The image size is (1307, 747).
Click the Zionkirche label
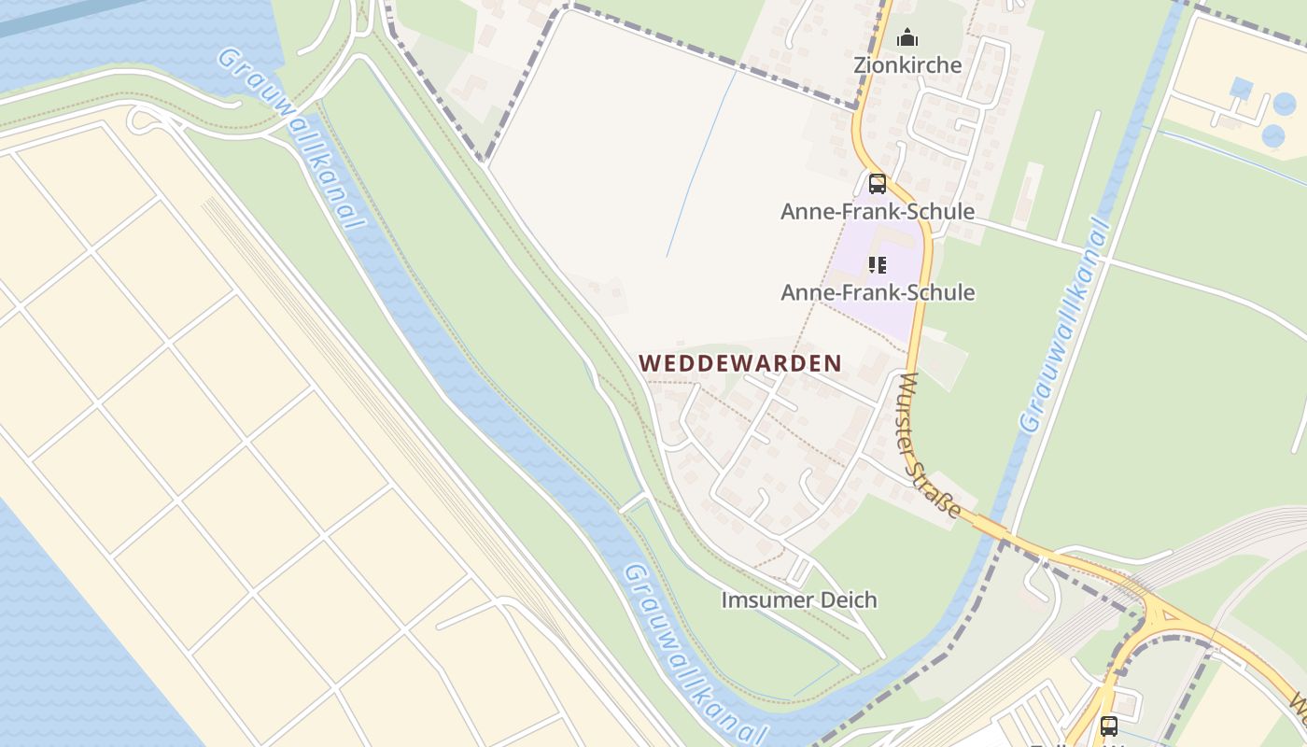click(x=907, y=64)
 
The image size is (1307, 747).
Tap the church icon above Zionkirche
click(x=907, y=38)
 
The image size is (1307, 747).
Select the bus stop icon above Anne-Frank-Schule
click(x=877, y=183)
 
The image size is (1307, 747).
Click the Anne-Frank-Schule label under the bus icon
click(x=877, y=211)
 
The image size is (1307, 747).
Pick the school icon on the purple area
click(x=877, y=265)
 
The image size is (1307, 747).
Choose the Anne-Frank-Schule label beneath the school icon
click(x=877, y=292)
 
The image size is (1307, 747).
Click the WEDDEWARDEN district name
click(x=739, y=363)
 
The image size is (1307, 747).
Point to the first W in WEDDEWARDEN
click(x=647, y=363)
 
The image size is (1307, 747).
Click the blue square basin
click(x=1241, y=89)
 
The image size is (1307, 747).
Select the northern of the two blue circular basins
click(x=1285, y=104)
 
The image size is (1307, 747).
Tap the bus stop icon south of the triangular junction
click(x=1108, y=725)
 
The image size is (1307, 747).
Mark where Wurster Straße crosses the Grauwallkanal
click(x=995, y=531)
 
